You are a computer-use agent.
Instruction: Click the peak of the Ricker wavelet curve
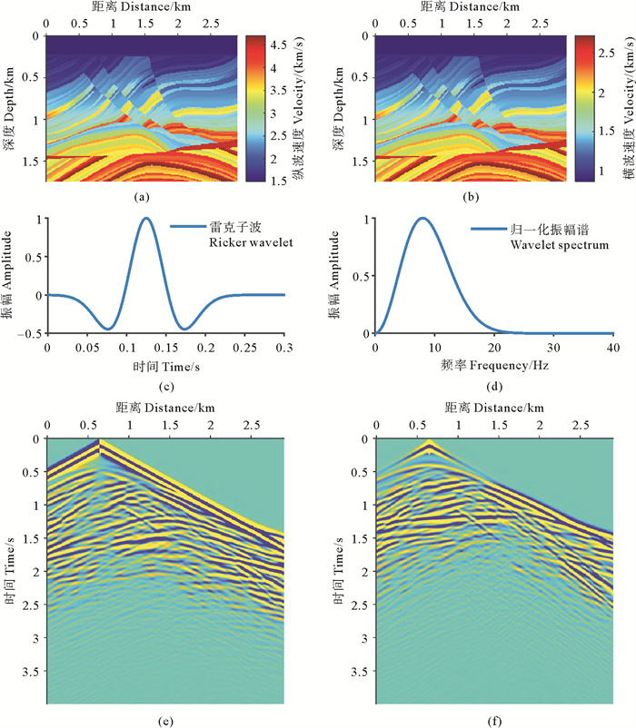pos(145,218)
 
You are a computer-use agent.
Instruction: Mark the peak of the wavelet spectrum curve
pos(421,218)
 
